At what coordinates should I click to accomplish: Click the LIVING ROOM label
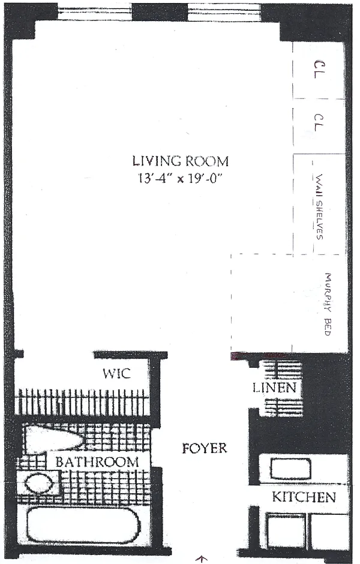tap(181, 161)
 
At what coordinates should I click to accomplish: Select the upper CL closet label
tap(320, 70)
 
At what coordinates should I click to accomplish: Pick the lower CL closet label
tap(319, 123)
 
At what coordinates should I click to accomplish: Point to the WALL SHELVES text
tap(319, 207)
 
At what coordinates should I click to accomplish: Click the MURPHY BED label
tap(327, 304)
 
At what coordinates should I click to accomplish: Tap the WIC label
tap(116, 373)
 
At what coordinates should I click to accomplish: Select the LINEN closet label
tap(274, 388)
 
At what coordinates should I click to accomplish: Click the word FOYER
tap(205, 448)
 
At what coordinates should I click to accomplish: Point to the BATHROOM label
tap(97, 462)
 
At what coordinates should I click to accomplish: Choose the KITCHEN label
tap(304, 497)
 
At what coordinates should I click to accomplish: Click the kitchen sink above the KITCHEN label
tap(290, 469)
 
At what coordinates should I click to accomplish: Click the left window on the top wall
tap(95, 12)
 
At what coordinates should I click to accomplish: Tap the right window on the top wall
tap(224, 12)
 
